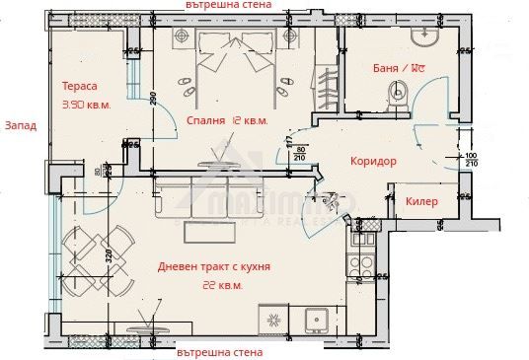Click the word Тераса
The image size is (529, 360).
point(80,86)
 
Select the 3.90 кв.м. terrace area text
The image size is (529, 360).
point(86,104)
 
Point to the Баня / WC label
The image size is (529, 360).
point(399,69)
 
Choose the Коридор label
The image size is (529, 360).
point(373,161)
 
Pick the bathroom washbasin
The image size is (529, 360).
point(426,36)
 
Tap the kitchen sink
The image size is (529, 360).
point(317,318)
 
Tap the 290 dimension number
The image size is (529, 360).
point(152,99)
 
